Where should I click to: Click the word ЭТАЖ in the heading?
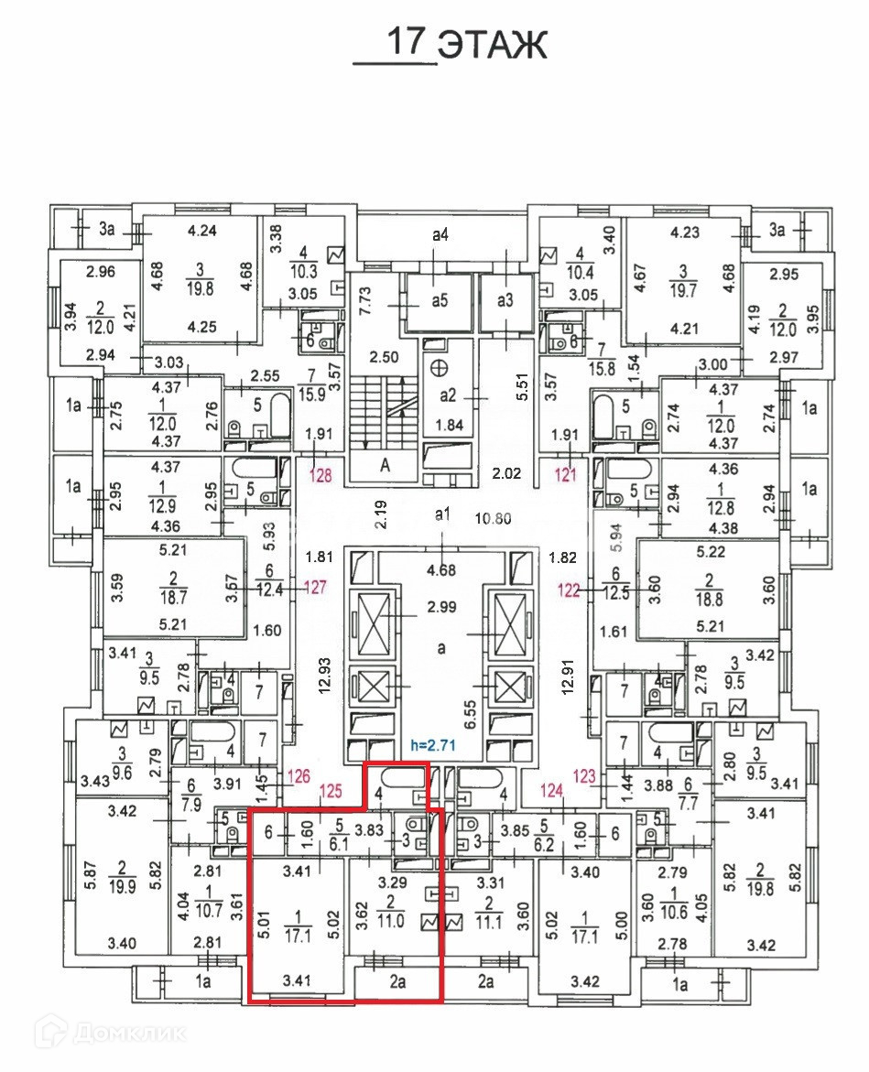tap(492, 44)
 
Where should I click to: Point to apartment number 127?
tap(315, 588)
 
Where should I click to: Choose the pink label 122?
tap(570, 590)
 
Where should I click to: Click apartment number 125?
tap(329, 789)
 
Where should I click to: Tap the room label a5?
tap(441, 300)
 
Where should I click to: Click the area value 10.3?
tap(301, 271)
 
